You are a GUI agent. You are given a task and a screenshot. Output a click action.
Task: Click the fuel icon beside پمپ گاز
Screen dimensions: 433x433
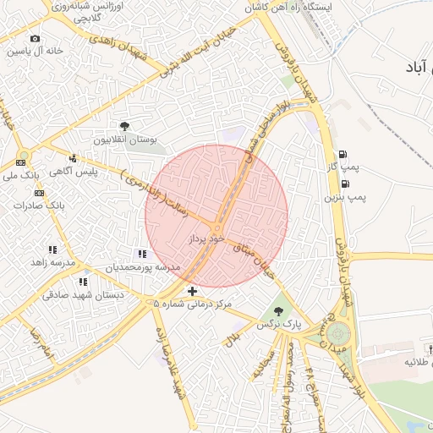pyautogui.click(x=343, y=154)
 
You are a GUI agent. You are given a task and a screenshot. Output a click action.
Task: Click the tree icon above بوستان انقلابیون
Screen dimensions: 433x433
pyautogui.click(x=124, y=126)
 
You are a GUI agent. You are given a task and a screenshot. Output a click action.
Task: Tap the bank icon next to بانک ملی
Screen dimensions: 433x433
pyautogui.click(x=21, y=162)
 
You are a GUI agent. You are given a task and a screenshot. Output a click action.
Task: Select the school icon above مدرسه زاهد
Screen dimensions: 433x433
pyautogui.click(x=52, y=249)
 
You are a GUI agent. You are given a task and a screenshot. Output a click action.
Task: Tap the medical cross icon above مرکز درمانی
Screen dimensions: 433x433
pyautogui.click(x=193, y=291)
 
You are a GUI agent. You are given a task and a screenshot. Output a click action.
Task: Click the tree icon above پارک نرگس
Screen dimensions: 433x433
pyautogui.click(x=279, y=311)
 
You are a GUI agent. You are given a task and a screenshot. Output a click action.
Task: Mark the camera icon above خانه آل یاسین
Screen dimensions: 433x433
pyautogui.click(x=35, y=38)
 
